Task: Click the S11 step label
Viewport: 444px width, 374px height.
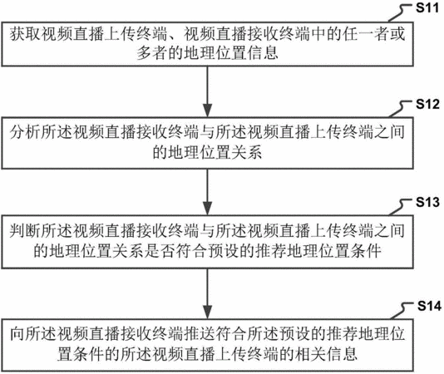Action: coord(427,7)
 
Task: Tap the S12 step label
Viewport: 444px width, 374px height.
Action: coord(427,104)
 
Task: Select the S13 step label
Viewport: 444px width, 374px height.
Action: coord(427,202)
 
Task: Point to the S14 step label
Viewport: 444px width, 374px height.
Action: coord(429,306)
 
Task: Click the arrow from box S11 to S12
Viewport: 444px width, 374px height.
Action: coord(208,91)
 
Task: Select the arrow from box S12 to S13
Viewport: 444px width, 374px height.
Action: coord(208,192)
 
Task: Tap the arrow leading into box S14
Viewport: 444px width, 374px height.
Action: coord(208,294)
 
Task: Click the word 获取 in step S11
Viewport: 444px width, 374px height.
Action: coord(25,34)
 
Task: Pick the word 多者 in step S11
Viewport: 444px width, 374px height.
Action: coord(152,53)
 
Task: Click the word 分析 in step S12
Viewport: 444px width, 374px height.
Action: coord(25,132)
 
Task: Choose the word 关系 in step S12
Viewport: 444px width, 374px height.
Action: coord(247,152)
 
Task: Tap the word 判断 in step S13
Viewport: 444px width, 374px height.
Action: coord(25,231)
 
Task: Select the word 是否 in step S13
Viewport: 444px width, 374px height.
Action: coord(160,251)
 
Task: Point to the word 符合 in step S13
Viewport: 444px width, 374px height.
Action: coord(192,251)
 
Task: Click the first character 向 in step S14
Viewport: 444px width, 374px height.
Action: coord(17,334)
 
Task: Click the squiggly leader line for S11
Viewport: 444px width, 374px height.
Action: coord(400,13)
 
